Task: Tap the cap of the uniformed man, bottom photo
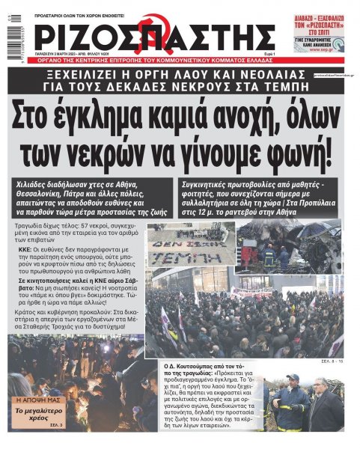(x=291, y=378)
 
